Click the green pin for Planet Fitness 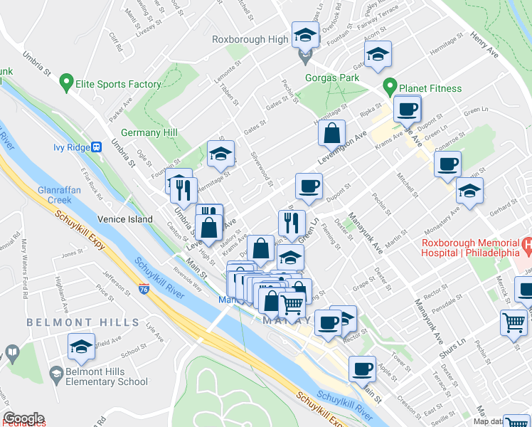pos(390,88)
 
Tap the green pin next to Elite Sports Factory pos(68,84)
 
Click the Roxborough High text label pos(250,40)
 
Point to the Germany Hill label pos(149,134)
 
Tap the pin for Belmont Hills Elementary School pos(55,373)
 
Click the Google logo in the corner pos(23,419)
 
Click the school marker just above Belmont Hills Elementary pos(81,346)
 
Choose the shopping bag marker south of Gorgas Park pos(331,132)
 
